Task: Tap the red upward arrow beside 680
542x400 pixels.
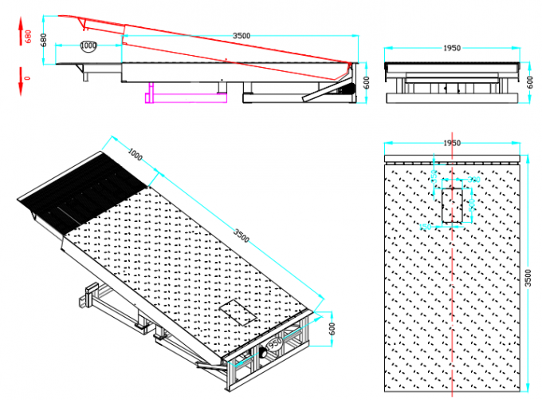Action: point(18,30)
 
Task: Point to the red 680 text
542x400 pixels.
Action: point(28,37)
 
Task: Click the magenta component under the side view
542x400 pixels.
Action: point(183,95)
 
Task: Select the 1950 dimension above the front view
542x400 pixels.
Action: point(451,48)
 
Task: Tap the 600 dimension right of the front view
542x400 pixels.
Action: point(528,81)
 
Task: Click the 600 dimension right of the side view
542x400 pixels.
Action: point(367,82)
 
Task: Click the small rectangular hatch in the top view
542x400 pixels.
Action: point(452,204)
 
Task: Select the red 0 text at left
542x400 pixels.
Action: point(28,78)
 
